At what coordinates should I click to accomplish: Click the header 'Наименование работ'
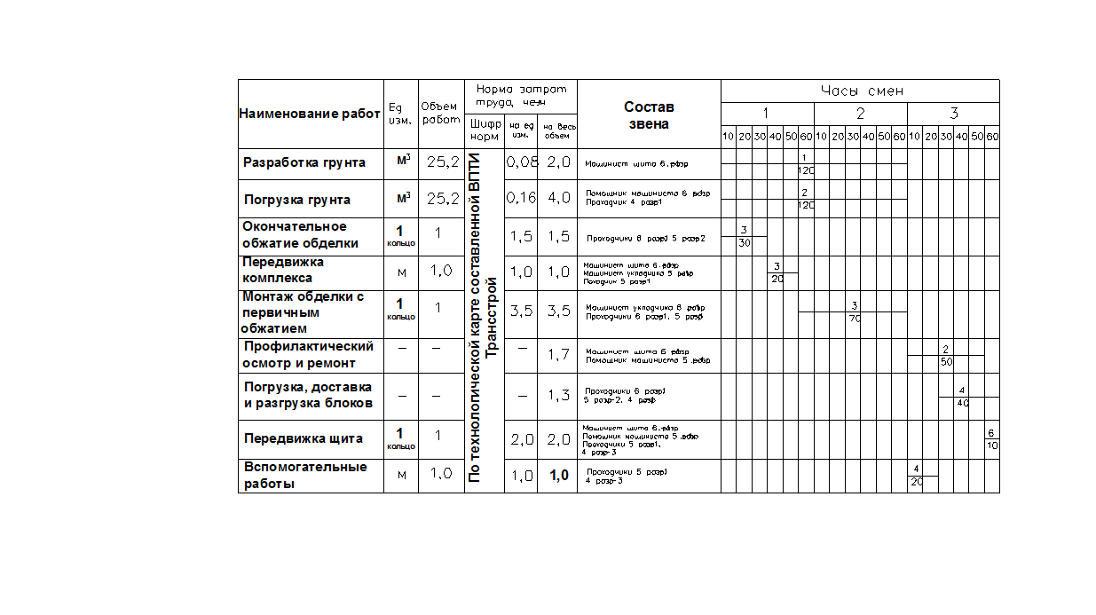(x=310, y=114)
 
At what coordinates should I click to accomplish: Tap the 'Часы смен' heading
(x=861, y=91)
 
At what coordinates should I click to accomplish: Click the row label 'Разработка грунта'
(x=304, y=162)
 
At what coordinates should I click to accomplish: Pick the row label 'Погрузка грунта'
(x=297, y=200)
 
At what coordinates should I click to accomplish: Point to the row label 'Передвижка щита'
(x=304, y=438)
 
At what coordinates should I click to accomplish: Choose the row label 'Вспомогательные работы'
(x=305, y=476)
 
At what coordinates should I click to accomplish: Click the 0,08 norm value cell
(x=521, y=162)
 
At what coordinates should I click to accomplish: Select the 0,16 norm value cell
(x=521, y=199)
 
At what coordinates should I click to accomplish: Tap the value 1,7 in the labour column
(x=558, y=355)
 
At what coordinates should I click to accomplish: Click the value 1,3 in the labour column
(x=558, y=396)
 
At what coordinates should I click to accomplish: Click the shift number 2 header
(x=860, y=114)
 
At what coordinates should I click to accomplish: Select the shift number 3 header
(x=954, y=114)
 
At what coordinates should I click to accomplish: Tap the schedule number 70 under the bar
(x=854, y=318)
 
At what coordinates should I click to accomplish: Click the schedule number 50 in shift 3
(x=947, y=362)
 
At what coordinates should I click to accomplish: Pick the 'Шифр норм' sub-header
(x=485, y=131)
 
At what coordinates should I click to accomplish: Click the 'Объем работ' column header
(x=441, y=113)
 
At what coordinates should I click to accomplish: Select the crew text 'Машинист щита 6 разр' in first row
(x=637, y=164)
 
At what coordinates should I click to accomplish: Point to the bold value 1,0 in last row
(x=559, y=476)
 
